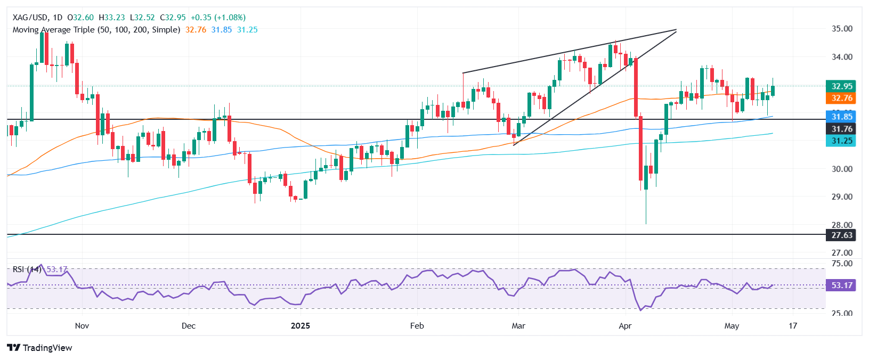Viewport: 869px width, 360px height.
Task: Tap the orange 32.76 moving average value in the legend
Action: coord(196,30)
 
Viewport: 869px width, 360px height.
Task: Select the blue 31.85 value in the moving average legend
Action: coord(222,30)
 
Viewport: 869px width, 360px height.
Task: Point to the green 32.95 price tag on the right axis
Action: coord(842,86)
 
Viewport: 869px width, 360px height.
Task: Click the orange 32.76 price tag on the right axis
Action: coord(842,98)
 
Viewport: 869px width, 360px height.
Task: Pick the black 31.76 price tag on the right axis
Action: coord(842,129)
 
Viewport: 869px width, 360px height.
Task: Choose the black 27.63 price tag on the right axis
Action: coord(842,235)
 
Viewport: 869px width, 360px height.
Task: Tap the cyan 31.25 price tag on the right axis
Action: coord(842,141)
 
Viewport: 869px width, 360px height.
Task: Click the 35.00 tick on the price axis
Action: coord(842,29)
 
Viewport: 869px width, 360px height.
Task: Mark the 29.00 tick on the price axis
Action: coord(842,197)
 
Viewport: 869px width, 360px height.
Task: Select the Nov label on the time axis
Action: coord(82,326)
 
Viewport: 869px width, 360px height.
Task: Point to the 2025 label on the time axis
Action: coord(301,326)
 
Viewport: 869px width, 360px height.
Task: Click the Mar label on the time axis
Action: coord(518,326)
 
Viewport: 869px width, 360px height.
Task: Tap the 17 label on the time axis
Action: coord(793,326)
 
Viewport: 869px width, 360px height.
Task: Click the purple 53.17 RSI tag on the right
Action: coord(842,285)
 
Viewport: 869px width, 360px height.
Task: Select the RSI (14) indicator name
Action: coord(27,269)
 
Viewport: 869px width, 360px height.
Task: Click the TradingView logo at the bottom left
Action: coord(40,348)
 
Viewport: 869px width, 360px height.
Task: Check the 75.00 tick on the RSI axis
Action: coord(842,264)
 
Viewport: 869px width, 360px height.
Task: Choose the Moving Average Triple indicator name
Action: coord(96,30)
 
